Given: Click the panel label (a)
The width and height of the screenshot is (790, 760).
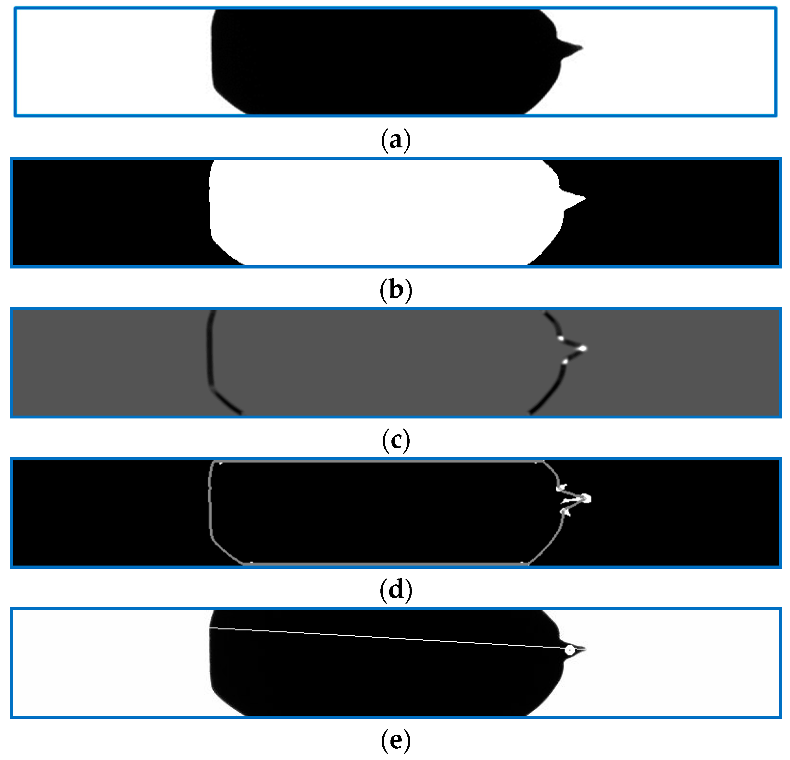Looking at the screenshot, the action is tap(395, 140).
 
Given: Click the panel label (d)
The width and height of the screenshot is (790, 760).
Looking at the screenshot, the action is tap(395, 590).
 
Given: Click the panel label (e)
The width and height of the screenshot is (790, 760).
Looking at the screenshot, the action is tap(395, 740).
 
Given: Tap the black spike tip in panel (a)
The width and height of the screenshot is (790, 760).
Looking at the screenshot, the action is tap(582, 48).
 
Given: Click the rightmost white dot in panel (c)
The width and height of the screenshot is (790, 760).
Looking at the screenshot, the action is tap(583, 348).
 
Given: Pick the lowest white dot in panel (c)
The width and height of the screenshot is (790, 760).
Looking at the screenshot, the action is tap(565, 362).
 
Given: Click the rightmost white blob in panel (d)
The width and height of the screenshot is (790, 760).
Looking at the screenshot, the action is tap(586, 499).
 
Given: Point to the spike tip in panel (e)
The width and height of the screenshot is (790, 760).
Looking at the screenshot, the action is tap(585, 649).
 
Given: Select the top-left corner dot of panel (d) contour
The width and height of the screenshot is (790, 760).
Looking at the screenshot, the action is tap(220, 463).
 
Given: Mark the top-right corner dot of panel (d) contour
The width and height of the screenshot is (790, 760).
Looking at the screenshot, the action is tap(536, 463).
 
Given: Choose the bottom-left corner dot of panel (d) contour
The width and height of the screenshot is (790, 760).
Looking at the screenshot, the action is tap(252, 562).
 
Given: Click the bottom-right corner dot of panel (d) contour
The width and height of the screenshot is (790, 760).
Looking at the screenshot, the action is tap(522, 562).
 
